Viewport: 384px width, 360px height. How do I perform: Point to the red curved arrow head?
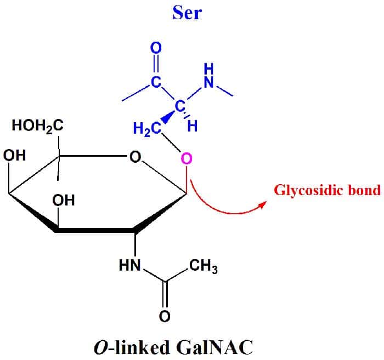(263, 203)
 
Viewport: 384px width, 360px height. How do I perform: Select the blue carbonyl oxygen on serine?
(156, 48)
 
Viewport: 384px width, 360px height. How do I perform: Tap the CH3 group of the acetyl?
(203, 267)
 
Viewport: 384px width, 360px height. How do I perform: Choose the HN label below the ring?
(130, 267)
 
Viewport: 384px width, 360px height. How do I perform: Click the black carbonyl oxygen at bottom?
(164, 316)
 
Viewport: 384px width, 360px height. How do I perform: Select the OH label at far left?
(14, 155)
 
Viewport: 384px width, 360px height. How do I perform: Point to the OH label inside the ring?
(64, 201)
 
